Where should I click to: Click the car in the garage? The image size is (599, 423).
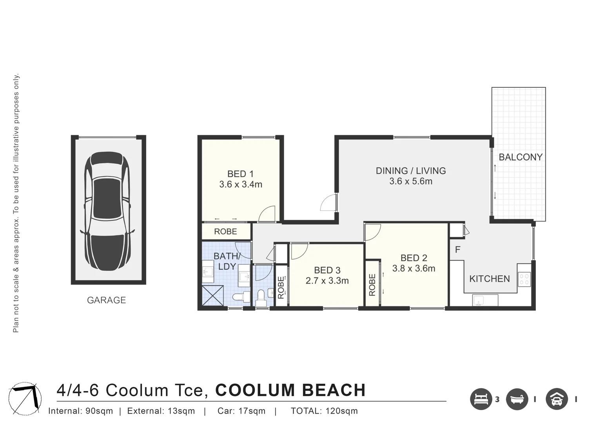pos(107,211)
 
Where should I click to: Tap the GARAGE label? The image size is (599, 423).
pos(106,300)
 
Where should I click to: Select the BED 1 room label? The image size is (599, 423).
pos(240,174)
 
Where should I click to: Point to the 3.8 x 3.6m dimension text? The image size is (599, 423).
pos(414,268)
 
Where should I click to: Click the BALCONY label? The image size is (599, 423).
pos(521,157)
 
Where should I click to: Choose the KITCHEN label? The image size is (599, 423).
pos(490,279)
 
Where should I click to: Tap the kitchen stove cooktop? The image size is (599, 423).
pos(525,279)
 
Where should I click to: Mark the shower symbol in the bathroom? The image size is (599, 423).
pos(213,295)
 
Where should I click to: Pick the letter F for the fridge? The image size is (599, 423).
pos(457,249)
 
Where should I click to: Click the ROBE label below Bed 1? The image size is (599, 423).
pos(225,231)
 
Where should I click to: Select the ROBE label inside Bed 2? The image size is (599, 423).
pos(372,285)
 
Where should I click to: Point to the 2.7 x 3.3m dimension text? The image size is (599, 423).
pos(327,280)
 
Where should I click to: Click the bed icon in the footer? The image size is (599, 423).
pos(481,399)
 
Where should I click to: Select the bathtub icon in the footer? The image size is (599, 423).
pos(517,399)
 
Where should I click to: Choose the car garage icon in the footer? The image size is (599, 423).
pos(557,399)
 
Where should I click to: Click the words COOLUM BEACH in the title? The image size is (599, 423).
pos(290,390)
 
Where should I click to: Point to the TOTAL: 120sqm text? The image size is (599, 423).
pos(324,411)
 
